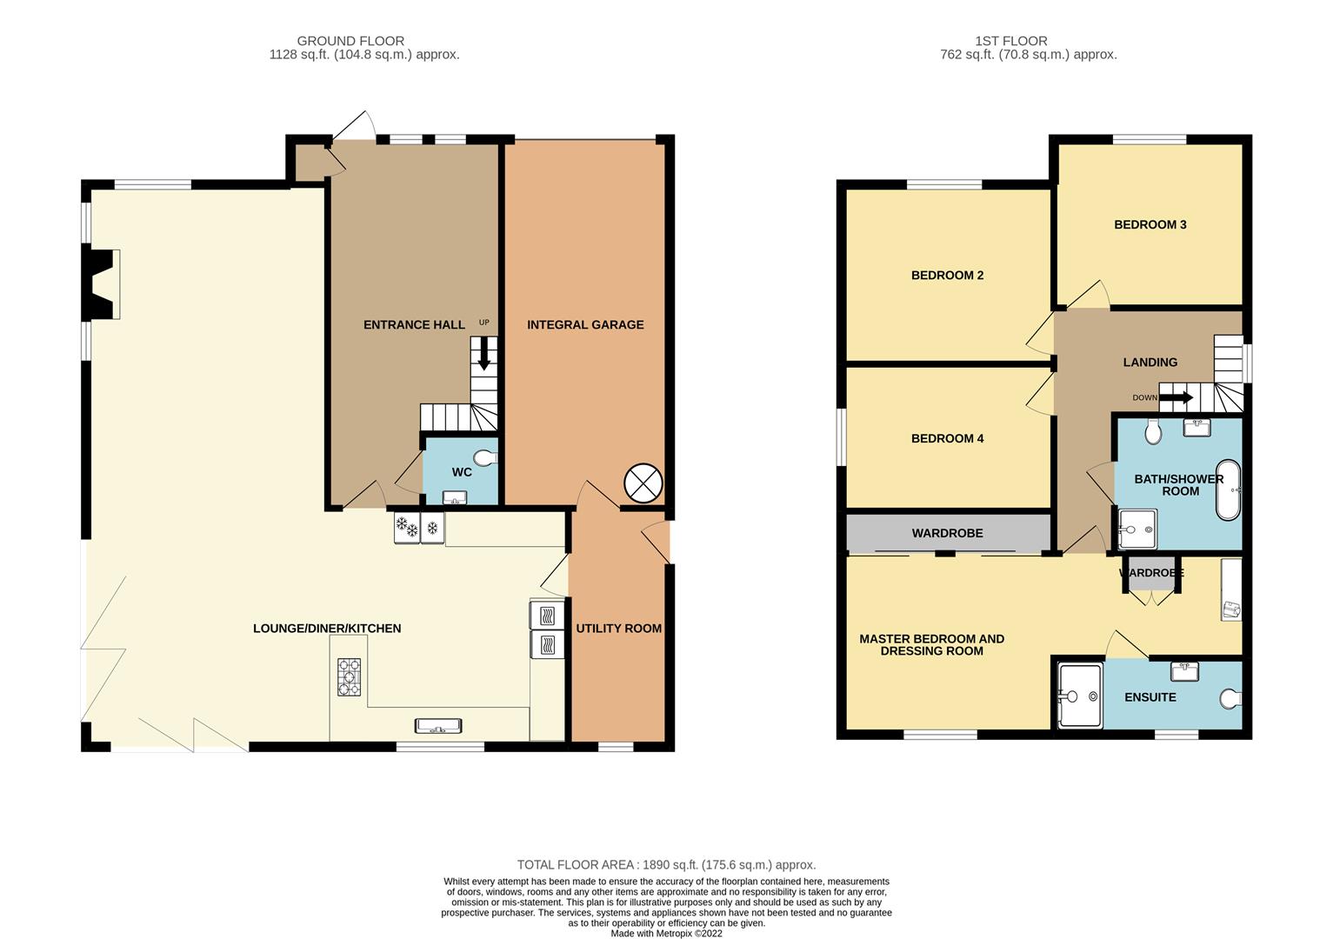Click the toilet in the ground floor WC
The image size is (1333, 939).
point(485,457)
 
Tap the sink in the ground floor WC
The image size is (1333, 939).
point(454,497)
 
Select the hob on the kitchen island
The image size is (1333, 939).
point(350,677)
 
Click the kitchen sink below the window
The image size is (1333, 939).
point(438,726)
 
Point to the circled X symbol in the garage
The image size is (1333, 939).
point(643,483)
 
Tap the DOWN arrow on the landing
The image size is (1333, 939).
point(1176,398)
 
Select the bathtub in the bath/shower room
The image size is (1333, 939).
point(1228,489)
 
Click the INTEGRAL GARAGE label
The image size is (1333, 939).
point(585,324)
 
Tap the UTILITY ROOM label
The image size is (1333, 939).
point(618,629)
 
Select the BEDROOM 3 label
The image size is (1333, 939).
point(1150,224)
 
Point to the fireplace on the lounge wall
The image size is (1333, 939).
point(102,284)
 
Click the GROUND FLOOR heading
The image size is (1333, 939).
point(350,41)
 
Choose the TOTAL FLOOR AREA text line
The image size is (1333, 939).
point(666,865)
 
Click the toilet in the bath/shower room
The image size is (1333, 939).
point(1153,431)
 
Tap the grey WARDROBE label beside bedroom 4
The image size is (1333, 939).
point(947,533)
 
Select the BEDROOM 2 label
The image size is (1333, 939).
point(947,276)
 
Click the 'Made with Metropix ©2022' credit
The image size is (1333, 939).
point(666,934)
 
